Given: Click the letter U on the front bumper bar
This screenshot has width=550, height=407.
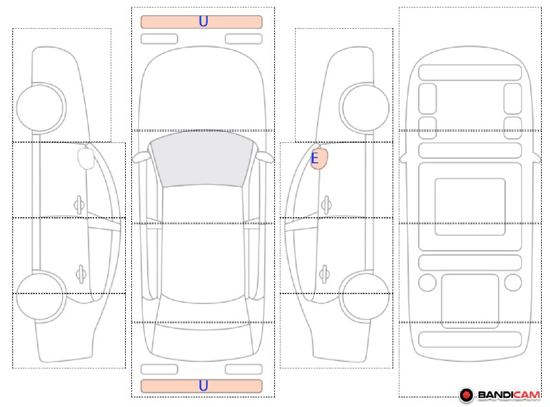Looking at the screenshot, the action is (x=203, y=21).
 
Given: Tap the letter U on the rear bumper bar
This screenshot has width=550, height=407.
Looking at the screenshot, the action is (x=203, y=386).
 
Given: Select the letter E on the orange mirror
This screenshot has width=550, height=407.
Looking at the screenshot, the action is (x=315, y=158).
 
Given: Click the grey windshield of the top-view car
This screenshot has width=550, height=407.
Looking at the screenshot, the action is (x=201, y=159).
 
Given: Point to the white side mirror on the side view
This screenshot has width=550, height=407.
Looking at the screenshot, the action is (x=85, y=158).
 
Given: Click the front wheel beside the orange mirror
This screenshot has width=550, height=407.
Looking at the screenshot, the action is (x=366, y=107).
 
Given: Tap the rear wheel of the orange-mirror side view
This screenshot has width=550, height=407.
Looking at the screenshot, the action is (x=365, y=296).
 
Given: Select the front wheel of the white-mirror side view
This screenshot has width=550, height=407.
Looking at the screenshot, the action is (x=41, y=107).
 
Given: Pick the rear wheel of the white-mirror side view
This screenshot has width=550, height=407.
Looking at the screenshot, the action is (x=41, y=296).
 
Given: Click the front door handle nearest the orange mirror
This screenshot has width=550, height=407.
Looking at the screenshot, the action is (x=326, y=205).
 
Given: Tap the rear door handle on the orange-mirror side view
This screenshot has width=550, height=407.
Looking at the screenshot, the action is (x=324, y=274).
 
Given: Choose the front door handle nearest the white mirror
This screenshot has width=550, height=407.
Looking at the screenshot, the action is (x=79, y=205).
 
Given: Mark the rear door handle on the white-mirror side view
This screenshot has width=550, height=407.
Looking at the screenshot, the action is (x=81, y=274).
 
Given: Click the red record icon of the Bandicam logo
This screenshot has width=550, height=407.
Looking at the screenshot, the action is (x=467, y=395).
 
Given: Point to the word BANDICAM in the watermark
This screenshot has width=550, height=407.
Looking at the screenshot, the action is (x=509, y=395).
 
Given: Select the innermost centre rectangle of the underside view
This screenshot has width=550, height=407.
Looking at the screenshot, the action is (x=470, y=207).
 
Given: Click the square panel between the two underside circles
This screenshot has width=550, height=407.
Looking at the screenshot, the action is (x=470, y=301).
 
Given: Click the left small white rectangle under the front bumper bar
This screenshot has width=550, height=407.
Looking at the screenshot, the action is (x=159, y=38).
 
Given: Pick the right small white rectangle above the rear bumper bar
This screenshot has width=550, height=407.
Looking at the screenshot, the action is (x=244, y=369).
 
